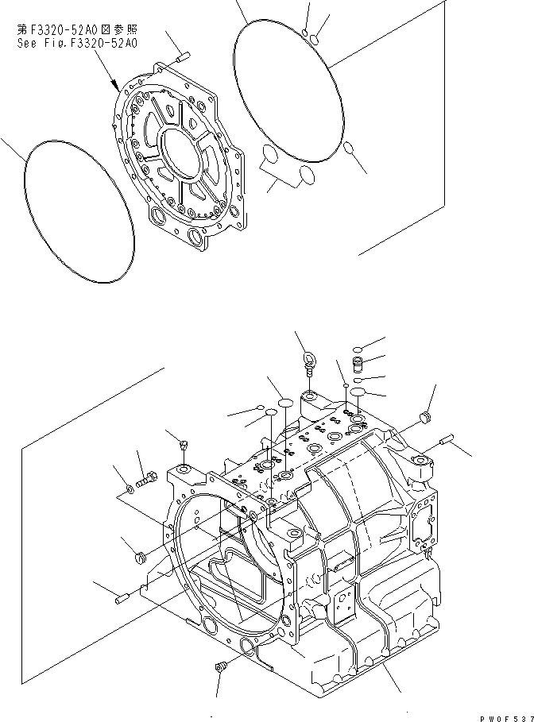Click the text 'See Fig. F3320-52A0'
(x=76, y=44)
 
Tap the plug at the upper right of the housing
(x=425, y=417)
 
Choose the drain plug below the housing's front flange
(x=221, y=667)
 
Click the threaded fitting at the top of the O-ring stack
(x=357, y=365)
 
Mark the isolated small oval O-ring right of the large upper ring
(x=349, y=147)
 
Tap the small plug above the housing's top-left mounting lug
(x=184, y=445)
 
